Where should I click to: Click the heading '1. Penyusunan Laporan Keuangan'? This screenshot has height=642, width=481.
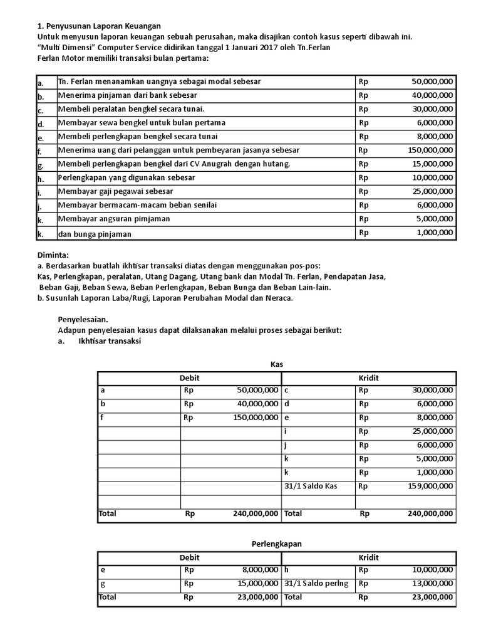[99, 26]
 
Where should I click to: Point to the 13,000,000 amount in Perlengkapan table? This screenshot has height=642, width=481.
[429, 584]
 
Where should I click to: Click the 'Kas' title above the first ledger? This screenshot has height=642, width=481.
[277, 364]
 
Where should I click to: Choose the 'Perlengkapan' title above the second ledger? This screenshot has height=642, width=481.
[276, 544]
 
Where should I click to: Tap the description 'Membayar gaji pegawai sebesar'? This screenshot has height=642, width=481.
[116, 191]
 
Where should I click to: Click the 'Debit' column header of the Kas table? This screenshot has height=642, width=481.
[189, 378]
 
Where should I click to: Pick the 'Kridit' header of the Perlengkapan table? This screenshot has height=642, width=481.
[368, 557]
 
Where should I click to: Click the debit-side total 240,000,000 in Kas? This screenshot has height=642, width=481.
[249, 514]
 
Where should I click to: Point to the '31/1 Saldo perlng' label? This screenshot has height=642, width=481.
[316, 584]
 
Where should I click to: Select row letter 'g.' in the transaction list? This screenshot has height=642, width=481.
[40, 166]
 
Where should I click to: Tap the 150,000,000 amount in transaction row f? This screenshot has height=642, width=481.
[429, 150]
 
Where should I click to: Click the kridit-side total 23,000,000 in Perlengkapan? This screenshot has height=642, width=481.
[429, 598]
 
